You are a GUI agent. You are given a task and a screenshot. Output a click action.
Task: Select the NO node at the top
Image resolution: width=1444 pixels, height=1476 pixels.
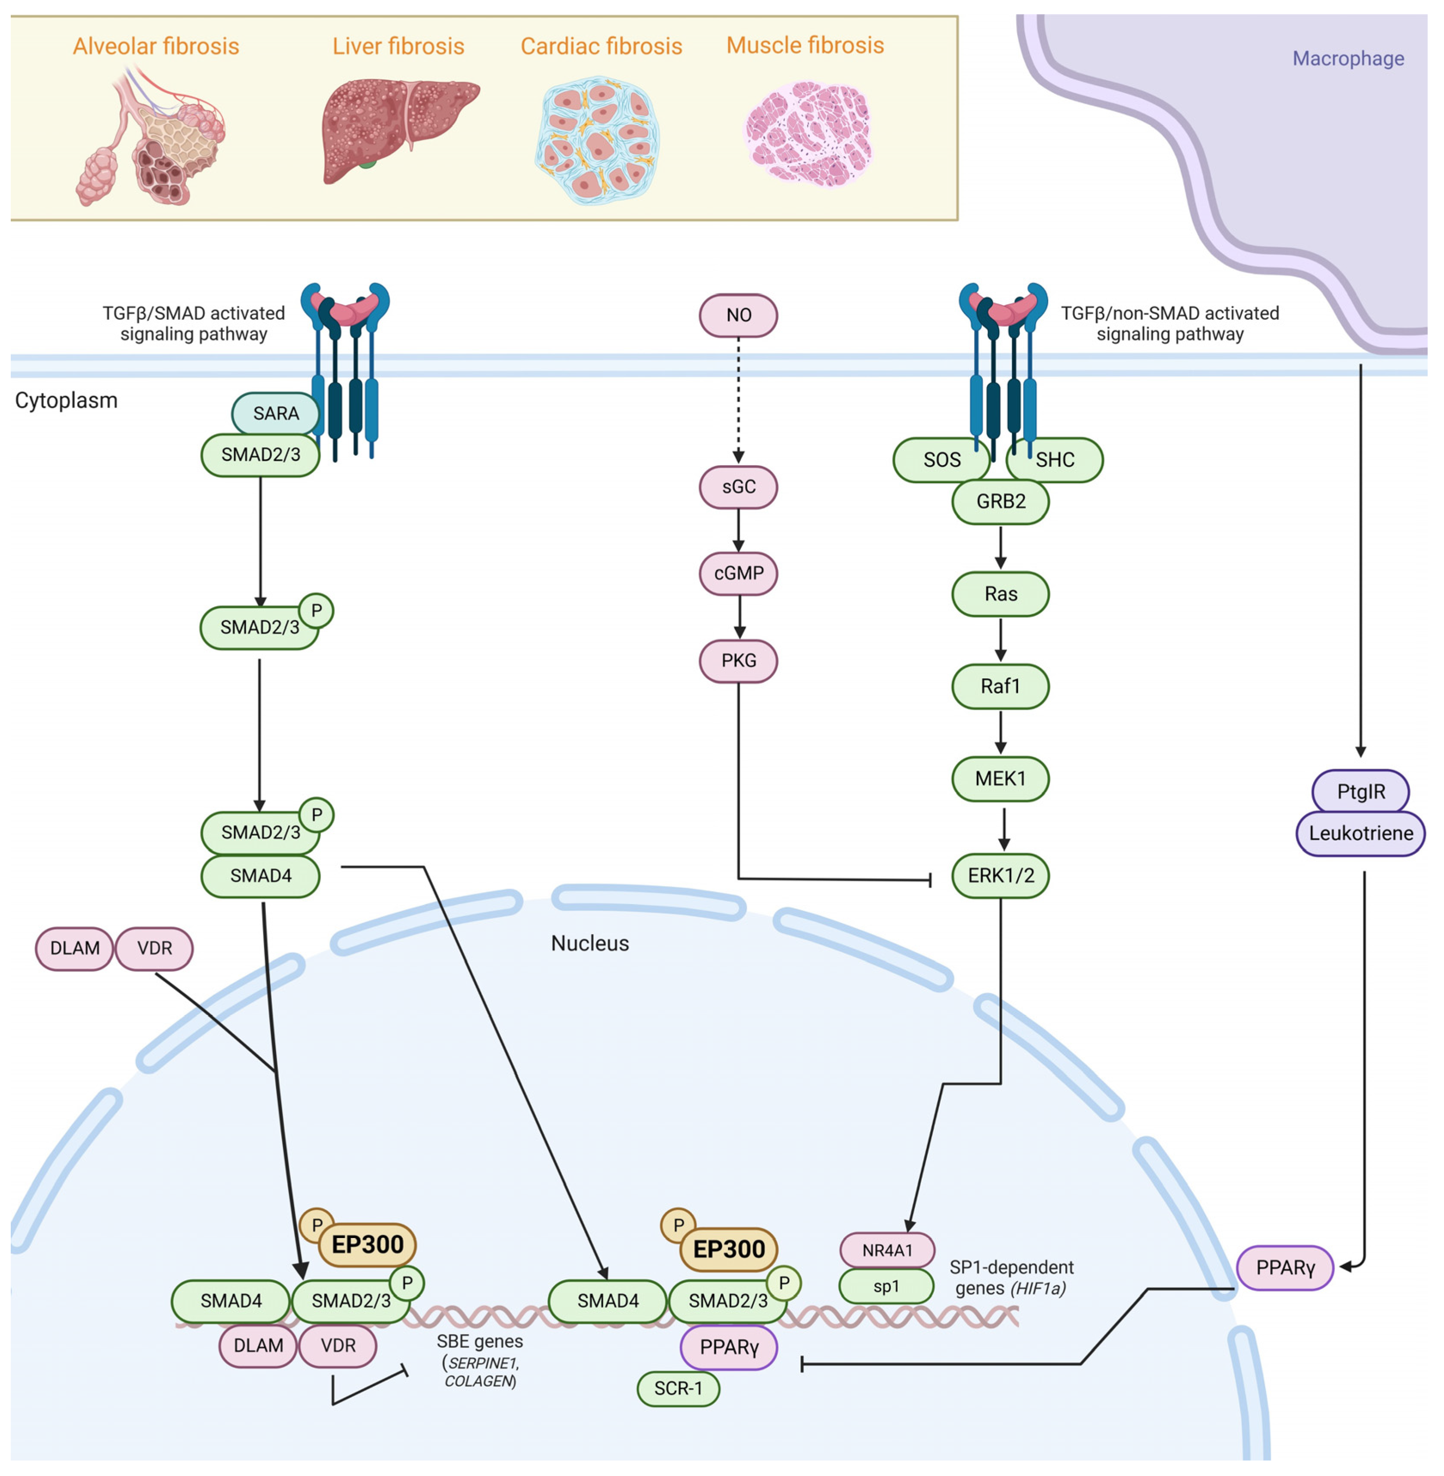click(738, 315)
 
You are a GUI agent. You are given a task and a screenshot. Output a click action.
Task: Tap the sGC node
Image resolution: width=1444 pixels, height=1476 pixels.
click(738, 486)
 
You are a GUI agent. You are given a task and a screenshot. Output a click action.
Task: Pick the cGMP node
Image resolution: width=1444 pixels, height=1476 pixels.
click(738, 573)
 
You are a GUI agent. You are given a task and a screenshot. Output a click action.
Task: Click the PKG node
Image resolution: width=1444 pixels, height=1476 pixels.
click(738, 660)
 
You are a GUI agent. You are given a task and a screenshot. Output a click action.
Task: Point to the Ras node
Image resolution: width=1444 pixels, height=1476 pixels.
click(1000, 593)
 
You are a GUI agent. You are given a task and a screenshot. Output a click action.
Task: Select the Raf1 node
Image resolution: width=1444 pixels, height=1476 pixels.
click(1000, 686)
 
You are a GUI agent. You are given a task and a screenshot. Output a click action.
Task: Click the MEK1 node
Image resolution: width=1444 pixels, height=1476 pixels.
click(1000, 778)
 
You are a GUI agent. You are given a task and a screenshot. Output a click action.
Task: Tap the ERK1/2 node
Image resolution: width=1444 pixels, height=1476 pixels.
click(1000, 875)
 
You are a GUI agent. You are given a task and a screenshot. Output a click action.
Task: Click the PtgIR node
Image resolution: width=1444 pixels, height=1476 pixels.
click(1361, 791)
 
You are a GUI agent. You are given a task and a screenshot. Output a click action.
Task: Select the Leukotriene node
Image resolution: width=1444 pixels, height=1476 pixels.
click(1361, 833)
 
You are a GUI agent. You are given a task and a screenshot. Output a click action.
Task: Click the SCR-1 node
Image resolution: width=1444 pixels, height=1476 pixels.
click(678, 1388)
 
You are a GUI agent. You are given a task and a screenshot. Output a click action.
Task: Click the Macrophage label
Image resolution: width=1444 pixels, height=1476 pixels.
click(1348, 59)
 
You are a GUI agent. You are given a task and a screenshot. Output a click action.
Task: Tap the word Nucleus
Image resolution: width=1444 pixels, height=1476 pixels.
click(590, 943)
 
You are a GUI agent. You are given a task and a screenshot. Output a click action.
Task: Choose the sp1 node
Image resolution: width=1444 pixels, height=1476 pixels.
click(886, 1286)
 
